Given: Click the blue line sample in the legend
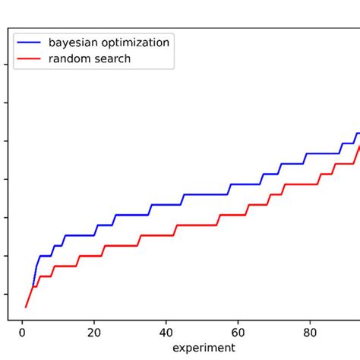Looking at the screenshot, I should (x=30, y=43).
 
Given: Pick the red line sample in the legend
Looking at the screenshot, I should (x=30, y=59).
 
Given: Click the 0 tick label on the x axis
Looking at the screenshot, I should (x=22, y=332).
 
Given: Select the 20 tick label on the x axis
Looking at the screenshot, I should (x=94, y=332).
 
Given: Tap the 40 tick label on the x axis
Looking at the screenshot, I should (x=166, y=332).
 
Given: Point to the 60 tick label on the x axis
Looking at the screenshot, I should (x=238, y=332).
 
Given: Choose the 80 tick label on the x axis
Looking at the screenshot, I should (x=310, y=332).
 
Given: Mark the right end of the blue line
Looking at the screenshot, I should (x=359, y=133).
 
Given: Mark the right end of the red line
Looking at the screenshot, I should (x=359, y=146).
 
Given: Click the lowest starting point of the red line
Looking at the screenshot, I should (x=26, y=307).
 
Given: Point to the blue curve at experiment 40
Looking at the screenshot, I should (x=166, y=204).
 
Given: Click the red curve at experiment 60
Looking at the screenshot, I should (x=238, y=215).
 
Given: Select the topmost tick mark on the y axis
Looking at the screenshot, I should (x=8, y=64).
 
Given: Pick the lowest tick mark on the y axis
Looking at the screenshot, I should (x=8, y=294).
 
